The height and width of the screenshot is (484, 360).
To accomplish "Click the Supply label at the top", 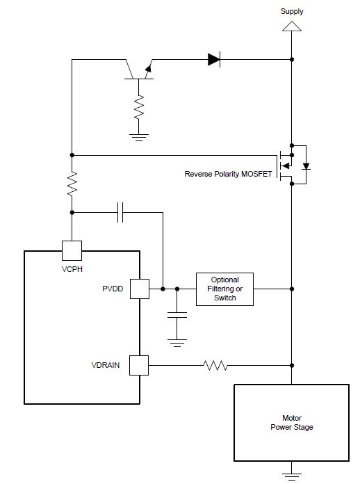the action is coord(291,11).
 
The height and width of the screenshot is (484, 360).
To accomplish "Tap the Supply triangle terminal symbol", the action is coord(291,26).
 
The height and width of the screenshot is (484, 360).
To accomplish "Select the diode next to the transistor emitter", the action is coord(214,59).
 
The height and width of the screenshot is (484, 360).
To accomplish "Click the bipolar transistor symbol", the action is coord(139,70).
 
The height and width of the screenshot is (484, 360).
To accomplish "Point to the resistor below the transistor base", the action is coord(139,107).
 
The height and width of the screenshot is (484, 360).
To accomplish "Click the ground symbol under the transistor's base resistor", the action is coord(139,138).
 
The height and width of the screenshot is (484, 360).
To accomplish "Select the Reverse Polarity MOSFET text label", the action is coord(228,174).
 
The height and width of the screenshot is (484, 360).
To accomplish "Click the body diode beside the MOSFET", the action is coord(306,166).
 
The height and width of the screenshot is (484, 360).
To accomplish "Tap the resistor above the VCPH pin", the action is coord(72,184).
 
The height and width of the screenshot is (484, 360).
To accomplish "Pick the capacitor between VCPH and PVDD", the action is coord(120,212).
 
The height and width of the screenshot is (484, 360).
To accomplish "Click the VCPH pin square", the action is coord(72,250).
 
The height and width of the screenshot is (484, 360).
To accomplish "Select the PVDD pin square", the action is coord(140,289).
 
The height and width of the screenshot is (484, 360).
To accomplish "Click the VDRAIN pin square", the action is coord(139,366).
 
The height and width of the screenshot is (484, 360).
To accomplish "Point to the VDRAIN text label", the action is coord(106,365).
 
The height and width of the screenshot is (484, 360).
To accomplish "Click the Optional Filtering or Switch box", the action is coord(225,289).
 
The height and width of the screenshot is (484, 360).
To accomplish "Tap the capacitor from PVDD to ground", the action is coord(177,315).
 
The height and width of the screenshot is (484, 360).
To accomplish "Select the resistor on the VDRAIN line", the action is coord(215,366).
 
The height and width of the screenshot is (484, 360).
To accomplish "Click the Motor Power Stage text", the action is coord(292,423).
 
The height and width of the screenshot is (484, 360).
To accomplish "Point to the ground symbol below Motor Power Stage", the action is coord(291,476).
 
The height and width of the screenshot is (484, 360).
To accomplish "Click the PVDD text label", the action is coord(113,289).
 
